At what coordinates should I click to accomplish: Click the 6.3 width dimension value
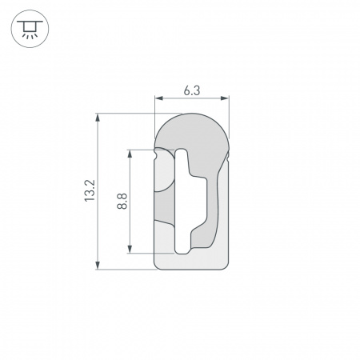pyautogui.click(x=191, y=90)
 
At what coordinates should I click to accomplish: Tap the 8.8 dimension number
pyautogui.click(x=122, y=201)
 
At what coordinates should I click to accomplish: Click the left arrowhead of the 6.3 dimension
pyautogui.click(x=157, y=99)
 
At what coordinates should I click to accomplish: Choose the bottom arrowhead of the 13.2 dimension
pyautogui.click(x=98, y=265)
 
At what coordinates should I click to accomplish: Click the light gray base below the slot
pyautogui.click(x=191, y=261)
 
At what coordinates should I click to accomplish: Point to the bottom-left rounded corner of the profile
pyautogui.click(x=158, y=266)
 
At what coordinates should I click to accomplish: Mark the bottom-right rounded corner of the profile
pyautogui.click(x=225, y=266)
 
